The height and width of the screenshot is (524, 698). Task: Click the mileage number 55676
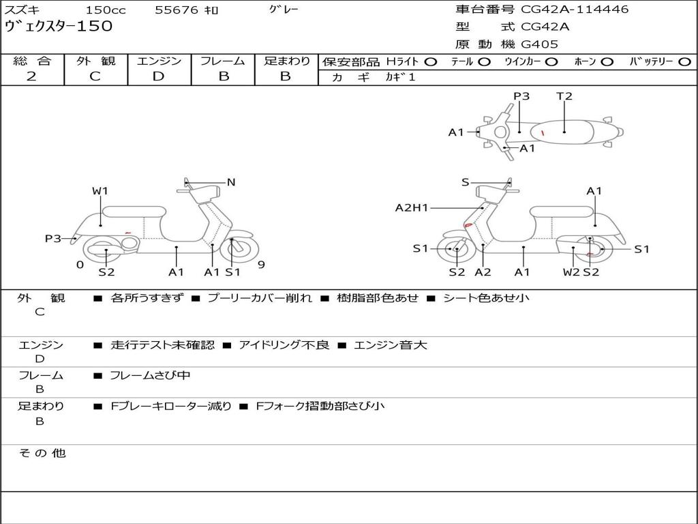point(177,10)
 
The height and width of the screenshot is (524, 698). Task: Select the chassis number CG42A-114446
point(575,10)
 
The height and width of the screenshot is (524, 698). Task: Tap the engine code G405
point(539,44)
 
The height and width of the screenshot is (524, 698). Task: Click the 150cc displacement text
point(102,10)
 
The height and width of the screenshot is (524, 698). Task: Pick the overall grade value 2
point(31,76)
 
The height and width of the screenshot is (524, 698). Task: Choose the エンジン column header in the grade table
point(159,61)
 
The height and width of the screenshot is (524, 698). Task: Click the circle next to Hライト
point(430,61)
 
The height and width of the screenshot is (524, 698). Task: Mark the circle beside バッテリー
point(685,61)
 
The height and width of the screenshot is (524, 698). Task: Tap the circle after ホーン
point(607,61)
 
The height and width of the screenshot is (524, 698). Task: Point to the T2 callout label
point(564,96)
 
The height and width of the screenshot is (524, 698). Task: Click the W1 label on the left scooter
point(100,191)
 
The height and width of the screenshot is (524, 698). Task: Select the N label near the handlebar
point(231,182)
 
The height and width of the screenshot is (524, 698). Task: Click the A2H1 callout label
point(412,207)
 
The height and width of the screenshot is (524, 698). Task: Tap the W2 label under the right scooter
point(571,272)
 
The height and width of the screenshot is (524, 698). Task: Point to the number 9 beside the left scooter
point(260,265)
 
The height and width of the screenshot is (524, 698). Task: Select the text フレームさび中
point(151,375)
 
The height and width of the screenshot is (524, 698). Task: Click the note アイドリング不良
point(284,345)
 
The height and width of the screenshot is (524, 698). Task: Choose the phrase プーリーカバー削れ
point(260,297)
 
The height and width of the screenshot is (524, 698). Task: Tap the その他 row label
point(42,453)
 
